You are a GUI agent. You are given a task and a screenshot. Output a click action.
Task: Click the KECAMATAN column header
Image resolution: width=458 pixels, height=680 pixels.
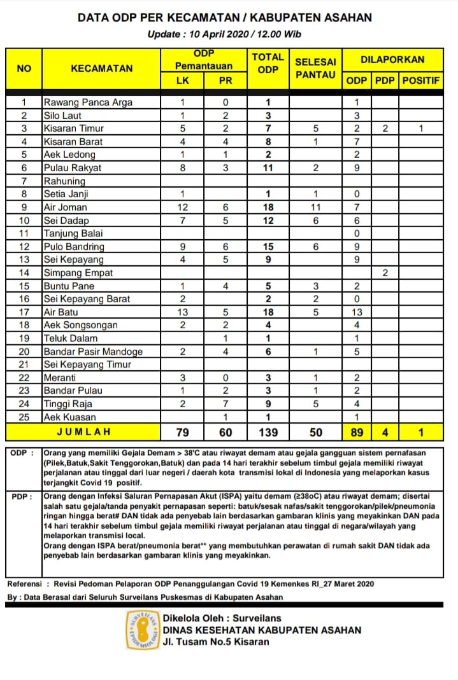[102, 69]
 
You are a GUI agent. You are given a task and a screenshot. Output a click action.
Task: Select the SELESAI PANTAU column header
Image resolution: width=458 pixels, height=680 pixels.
[315, 68]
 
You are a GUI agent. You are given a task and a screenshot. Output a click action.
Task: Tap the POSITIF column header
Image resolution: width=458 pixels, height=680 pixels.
[421, 81]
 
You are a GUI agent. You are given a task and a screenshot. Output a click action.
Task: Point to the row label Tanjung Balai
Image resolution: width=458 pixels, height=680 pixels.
[73, 233]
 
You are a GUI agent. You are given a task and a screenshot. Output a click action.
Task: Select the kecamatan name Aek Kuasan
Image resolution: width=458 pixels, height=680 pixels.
[70, 417]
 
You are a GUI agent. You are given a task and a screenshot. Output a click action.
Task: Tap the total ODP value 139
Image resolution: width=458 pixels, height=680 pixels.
[268, 433]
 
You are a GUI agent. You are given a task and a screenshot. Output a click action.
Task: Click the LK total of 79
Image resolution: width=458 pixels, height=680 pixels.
[182, 433]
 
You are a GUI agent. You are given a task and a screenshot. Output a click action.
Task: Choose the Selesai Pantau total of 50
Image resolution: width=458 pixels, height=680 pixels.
[315, 433]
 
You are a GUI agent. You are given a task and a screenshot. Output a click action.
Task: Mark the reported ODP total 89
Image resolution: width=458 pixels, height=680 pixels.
[357, 433]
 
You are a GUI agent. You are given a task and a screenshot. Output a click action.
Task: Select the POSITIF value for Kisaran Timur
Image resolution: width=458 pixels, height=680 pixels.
[421, 128]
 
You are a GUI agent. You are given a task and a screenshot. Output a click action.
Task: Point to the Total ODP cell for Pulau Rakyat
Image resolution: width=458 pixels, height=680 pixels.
[268, 168]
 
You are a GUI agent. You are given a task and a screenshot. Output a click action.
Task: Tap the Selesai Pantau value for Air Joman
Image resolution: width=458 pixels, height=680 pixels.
[315, 207]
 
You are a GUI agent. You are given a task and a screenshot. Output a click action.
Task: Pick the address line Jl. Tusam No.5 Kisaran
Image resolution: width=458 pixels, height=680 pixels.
[216, 642]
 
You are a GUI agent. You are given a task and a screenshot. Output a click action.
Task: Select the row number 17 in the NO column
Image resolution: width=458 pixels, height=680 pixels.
[24, 312]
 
